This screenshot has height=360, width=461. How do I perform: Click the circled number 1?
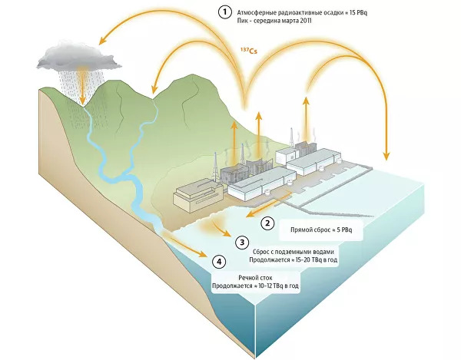(x=224, y=12)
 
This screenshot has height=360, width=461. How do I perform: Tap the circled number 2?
(x=267, y=223)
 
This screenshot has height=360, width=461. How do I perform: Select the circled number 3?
(x=241, y=243)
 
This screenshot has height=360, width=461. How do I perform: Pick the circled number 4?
(x=222, y=262)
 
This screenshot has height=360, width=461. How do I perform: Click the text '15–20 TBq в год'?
(x=318, y=259)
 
